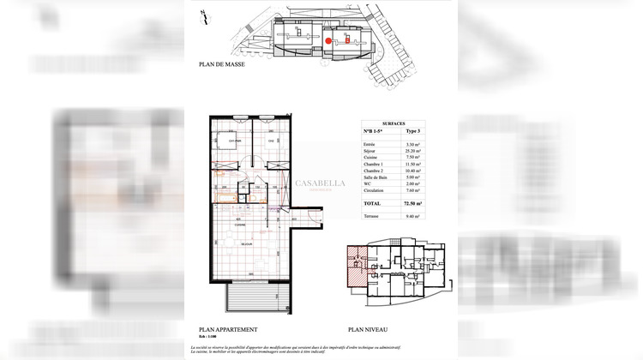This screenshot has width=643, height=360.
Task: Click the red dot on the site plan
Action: tap(328, 39)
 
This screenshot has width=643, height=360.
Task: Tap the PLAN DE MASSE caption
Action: tap(221, 64)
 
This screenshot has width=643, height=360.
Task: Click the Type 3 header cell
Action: tap(412, 131)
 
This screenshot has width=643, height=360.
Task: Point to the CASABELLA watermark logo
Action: tap(320, 183)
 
